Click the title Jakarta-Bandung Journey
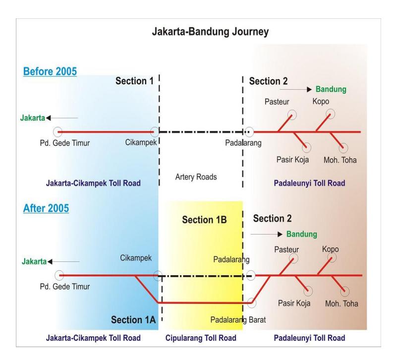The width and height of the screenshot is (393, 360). tap(210, 32)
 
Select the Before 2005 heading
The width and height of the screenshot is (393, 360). tap(50, 71)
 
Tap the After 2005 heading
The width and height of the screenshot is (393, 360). tap(46, 208)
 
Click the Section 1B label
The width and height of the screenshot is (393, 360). tap(204, 220)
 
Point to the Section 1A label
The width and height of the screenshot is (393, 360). tap(133, 320)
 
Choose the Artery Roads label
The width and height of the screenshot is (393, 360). tap(196, 177)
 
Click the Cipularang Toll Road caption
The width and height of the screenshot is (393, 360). tap(201, 338)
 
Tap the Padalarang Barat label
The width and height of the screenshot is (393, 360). tap(238, 320)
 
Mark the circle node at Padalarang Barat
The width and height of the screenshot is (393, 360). tap(251, 302)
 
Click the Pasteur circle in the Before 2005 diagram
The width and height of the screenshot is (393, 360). tap(292, 115)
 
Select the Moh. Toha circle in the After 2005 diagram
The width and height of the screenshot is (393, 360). tap(345, 291)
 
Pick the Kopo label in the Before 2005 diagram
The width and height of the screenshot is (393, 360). tap(321, 101)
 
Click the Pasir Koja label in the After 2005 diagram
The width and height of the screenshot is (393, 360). tap(294, 303)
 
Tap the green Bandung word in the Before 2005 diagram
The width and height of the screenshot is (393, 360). tap(331, 89)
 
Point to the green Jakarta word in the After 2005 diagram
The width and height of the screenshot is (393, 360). tap(34, 261)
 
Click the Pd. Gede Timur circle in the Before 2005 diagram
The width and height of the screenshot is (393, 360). tap(58, 131)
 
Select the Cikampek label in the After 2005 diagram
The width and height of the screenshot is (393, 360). tap(136, 258)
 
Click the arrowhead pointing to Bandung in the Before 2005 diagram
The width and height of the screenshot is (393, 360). tap(309, 89)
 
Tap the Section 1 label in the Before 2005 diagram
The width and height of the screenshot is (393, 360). tap(134, 81)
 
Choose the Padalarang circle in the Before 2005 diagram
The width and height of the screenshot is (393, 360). tap(249, 132)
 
